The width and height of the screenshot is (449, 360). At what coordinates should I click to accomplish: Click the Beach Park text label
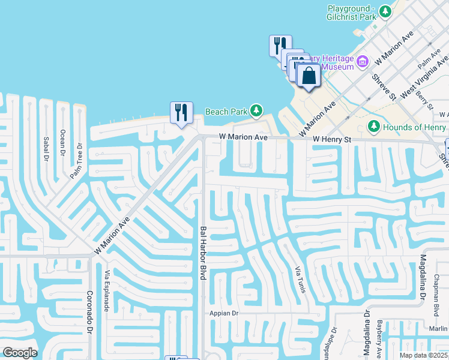click(226, 112)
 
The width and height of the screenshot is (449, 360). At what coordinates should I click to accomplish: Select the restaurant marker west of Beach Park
click(181, 112)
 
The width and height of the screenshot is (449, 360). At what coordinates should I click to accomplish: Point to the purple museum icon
click(362, 61)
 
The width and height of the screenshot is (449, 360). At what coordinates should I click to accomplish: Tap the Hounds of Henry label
click(415, 127)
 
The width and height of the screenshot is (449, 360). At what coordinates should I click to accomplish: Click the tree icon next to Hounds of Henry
click(374, 127)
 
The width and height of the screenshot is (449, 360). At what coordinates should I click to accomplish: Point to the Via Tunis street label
click(300, 280)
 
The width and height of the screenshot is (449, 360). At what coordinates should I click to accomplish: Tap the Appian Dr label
click(224, 313)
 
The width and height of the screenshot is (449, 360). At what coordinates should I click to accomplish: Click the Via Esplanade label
click(107, 290)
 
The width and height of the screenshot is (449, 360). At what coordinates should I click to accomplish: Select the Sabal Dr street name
click(45, 148)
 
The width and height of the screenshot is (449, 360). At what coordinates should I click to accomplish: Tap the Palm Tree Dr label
click(78, 160)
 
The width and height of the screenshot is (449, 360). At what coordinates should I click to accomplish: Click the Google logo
click(20, 352)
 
